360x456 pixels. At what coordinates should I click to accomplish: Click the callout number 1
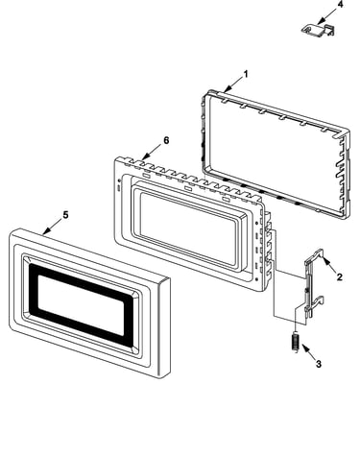[x=246, y=74]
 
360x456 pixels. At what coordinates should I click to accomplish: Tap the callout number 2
[x=340, y=277]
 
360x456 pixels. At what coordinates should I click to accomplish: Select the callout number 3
[x=318, y=364]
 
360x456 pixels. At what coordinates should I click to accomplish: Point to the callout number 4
[x=340, y=5]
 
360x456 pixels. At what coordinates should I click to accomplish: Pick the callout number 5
[x=65, y=215]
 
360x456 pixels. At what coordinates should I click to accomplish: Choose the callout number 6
[x=166, y=140]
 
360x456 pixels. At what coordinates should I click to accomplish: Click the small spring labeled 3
[x=296, y=343]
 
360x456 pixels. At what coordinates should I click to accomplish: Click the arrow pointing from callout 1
[x=233, y=84]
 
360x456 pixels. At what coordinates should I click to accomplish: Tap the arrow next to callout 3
[x=308, y=351]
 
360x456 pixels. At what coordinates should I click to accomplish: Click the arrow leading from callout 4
[x=326, y=16]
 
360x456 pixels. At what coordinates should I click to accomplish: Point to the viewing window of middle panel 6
[x=189, y=228]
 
